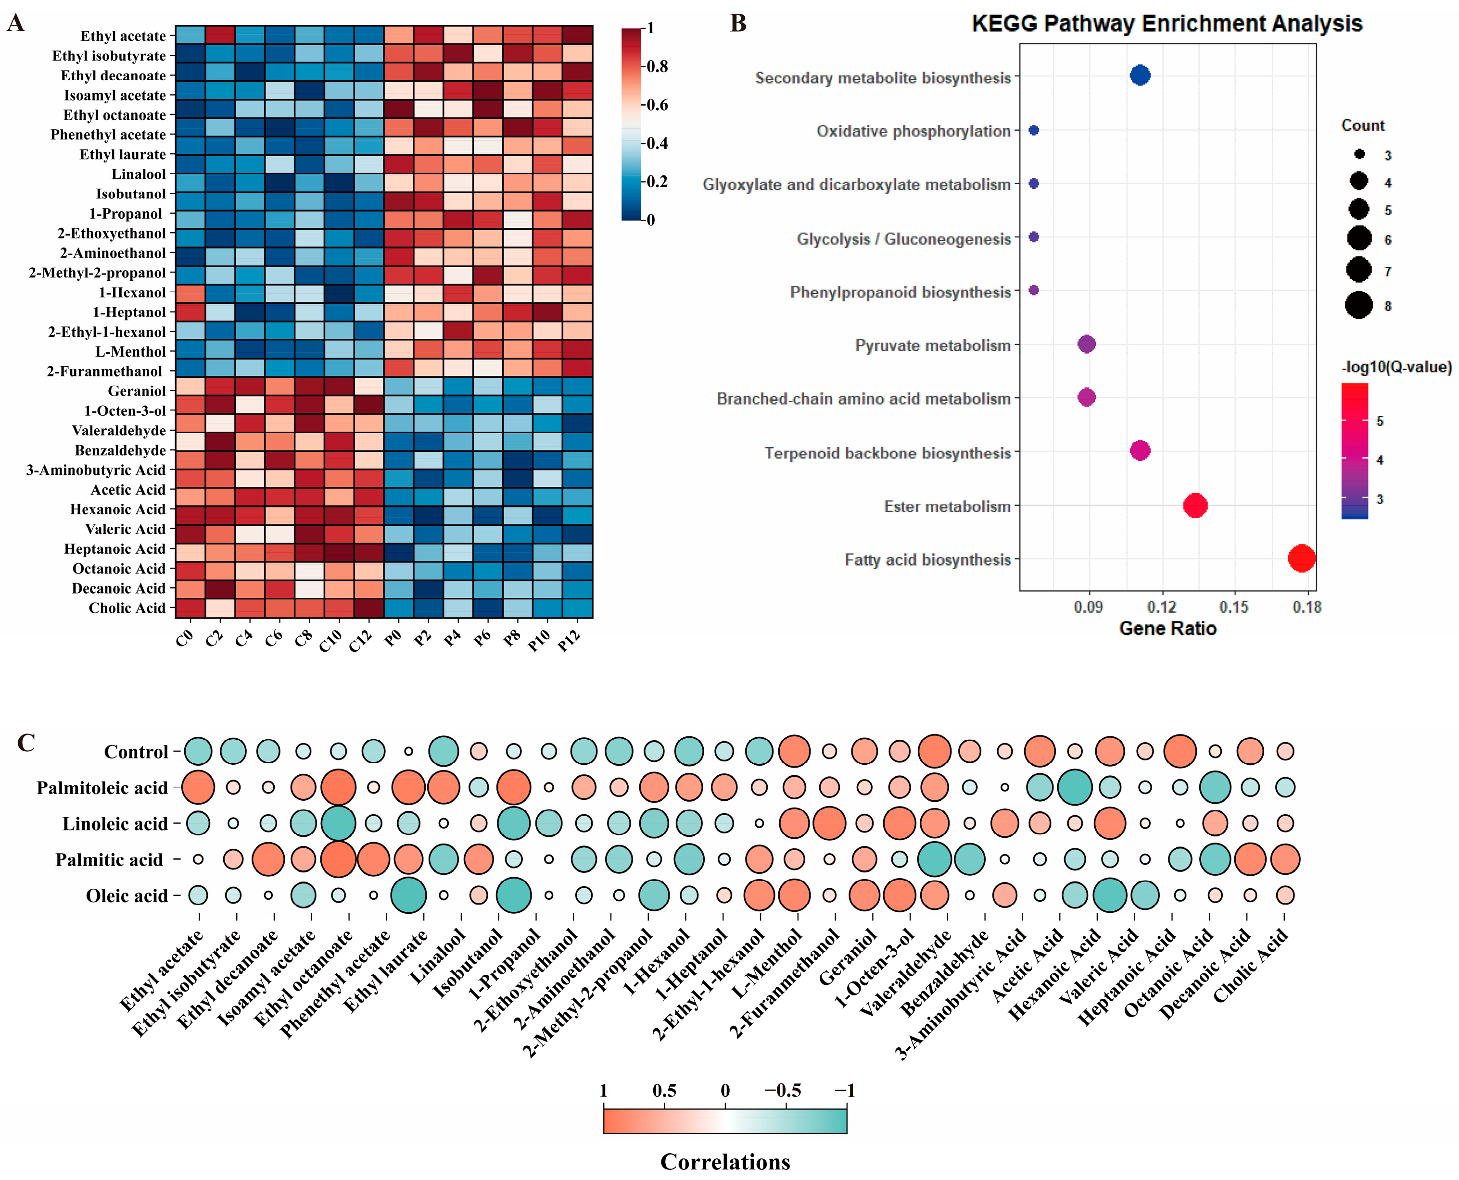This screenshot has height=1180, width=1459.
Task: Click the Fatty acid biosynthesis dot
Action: coord(1301,559)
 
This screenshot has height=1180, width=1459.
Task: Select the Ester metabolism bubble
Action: coord(1195,506)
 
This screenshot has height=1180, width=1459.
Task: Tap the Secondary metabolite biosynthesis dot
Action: coord(1140,75)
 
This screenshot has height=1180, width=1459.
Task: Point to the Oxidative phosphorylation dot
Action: coord(1034,130)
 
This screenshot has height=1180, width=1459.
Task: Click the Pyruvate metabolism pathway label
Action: coord(933,345)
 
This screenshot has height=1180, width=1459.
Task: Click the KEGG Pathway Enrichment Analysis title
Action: coord(1167,24)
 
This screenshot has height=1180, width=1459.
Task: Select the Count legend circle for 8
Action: coord(1358,305)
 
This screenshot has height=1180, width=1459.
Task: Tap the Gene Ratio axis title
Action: coord(1167,629)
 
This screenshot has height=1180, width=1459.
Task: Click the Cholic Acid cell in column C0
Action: coord(190,608)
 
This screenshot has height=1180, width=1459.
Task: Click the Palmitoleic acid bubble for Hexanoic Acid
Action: coord(1075,787)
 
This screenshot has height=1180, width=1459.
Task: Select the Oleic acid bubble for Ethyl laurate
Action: coord(409,895)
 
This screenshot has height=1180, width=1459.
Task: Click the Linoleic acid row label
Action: coord(115,824)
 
